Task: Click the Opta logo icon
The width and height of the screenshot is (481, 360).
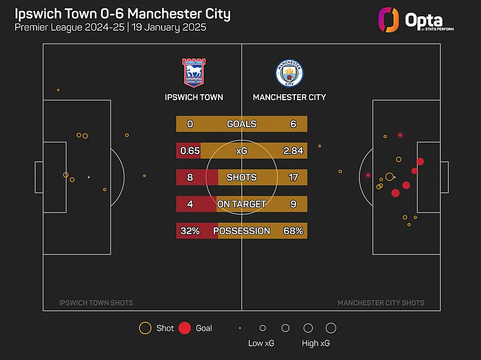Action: tap(389, 19)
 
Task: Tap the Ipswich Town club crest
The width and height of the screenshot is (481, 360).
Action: tap(193, 73)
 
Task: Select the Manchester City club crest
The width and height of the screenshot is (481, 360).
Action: tap(289, 73)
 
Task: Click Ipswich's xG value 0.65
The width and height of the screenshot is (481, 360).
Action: tap(190, 151)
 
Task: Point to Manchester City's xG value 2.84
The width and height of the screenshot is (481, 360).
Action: tap(293, 151)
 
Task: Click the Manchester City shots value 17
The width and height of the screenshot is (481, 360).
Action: tap(293, 178)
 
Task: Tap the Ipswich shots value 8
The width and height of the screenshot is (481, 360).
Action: tap(190, 178)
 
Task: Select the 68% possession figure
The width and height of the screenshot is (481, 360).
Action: tap(293, 231)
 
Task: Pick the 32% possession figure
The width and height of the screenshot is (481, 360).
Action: tap(190, 231)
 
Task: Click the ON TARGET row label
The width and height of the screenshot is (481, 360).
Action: tap(241, 205)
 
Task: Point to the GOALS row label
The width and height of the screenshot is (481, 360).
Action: tap(241, 124)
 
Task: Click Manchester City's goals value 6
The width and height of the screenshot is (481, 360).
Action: tap(293, 124)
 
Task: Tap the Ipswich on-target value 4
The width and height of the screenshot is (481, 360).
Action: tap(190, 205)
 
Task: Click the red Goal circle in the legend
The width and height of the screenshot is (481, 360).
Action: tap(185, 328)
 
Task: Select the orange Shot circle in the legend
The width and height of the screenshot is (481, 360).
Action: tap(145, 328)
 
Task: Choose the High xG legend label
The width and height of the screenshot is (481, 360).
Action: tap(316, 343)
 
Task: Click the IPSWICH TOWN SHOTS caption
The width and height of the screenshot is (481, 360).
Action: tap(96, 303)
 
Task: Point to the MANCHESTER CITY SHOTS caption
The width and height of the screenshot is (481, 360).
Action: tap(381, 303)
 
